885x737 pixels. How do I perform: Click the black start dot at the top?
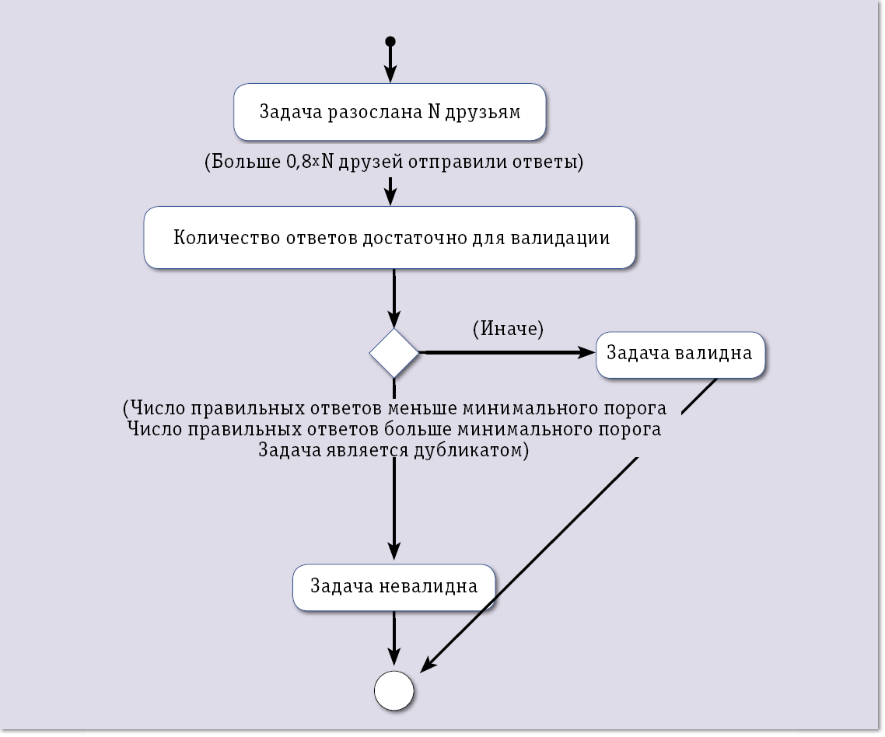tap(390, 41)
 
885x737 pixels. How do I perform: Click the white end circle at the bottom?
tap(394, 690)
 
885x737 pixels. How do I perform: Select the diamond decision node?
tap(394, 353)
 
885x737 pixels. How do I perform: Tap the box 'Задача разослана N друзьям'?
tap(390, 112)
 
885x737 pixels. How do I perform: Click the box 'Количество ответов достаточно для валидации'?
tap(390, 238)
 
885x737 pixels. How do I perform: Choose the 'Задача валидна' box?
tap(680, 354)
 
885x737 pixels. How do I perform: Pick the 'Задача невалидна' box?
tap(394, 585)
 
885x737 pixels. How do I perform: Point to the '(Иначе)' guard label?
tap(508, 329)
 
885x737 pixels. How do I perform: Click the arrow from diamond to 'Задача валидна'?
tap(505, 353)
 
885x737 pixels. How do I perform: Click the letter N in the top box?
tap(435, 111)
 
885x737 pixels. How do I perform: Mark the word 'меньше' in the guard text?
tap(430, 408)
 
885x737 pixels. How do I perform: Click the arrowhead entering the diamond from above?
tap(394, 319)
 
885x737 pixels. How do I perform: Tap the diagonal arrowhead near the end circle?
tap(426, 666)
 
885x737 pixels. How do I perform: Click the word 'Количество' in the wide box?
tap(220, 238)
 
